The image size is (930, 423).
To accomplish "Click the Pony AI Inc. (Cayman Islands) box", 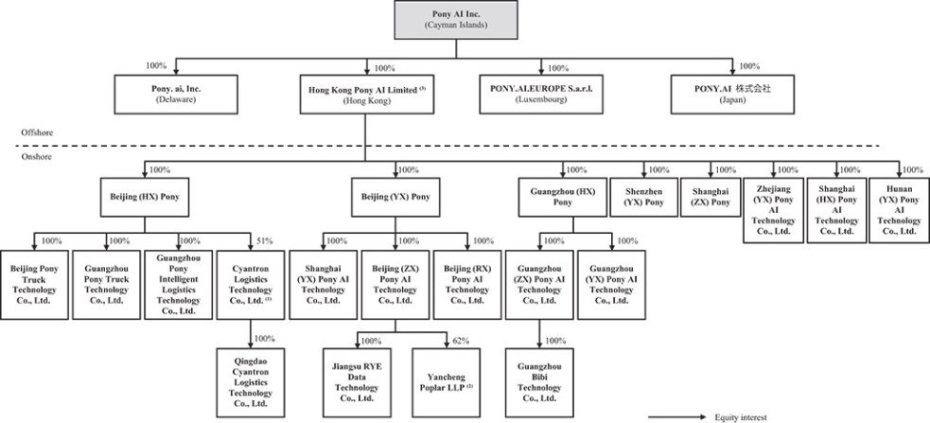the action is coord(455,20).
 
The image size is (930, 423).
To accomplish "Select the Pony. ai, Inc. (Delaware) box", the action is coord(176,95).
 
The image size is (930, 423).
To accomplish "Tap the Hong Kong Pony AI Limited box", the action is coord(366,95).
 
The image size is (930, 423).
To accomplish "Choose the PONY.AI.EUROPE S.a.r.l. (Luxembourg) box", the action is coord(540,95).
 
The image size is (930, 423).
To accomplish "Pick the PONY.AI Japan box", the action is coord(732,95).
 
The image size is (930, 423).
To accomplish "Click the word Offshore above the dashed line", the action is coord(37,132).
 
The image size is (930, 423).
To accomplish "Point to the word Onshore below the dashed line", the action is coord(36,157).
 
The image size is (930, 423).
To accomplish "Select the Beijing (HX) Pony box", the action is coord(145,197).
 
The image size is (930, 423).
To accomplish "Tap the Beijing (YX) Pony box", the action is coord(395,197).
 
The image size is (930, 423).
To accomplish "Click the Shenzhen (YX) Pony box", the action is coord(643,197).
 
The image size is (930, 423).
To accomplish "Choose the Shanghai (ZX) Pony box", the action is coord(711,197).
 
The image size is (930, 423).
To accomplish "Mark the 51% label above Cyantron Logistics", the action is coord(264,241).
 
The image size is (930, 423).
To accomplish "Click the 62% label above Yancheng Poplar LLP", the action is coord(461,341).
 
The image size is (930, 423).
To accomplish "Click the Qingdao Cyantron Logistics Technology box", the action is coord(251,382).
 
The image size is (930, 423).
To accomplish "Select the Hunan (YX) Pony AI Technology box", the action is coord(899,210).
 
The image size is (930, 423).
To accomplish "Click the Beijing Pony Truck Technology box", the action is coord(34,285).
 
